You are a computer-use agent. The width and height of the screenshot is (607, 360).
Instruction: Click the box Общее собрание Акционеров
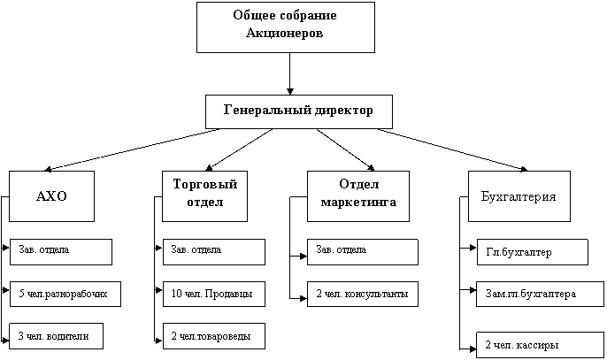coord(285,27)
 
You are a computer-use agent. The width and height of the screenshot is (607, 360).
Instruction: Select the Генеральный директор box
coord(298,111)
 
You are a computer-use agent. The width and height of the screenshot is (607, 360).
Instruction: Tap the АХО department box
coord(51,196)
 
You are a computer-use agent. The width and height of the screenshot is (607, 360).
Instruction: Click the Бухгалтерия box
coord(518,196)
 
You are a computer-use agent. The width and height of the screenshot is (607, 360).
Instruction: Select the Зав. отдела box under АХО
coord(60,251)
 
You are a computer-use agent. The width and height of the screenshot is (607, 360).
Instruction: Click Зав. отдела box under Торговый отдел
coord(213,251)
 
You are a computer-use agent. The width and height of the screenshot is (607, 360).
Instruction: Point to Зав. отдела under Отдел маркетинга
coord(362,251)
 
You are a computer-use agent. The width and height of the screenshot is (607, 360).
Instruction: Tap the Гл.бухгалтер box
coord(532,252)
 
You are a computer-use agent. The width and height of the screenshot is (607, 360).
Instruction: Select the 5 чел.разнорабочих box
coord(64,294)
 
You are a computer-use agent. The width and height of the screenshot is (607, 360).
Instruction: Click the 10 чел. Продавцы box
coord(213,294)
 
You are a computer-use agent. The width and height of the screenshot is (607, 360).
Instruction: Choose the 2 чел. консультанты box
coord(362,294)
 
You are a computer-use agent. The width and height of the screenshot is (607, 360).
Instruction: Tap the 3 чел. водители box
coord(56,336)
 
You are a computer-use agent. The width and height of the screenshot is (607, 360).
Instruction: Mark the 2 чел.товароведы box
coord(213,336)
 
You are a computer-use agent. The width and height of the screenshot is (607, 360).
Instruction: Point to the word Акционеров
coord(285,34)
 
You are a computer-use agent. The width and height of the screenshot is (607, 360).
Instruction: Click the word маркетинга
coord(359,203)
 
